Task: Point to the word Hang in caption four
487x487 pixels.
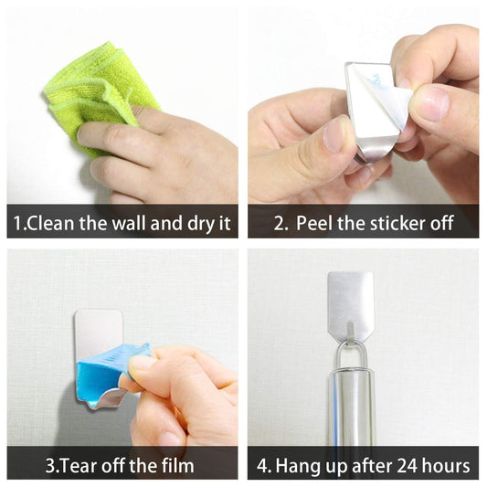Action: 294,465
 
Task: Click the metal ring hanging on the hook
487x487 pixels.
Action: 350,352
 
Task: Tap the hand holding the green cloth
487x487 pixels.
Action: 155,151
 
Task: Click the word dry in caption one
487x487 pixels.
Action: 192,223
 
